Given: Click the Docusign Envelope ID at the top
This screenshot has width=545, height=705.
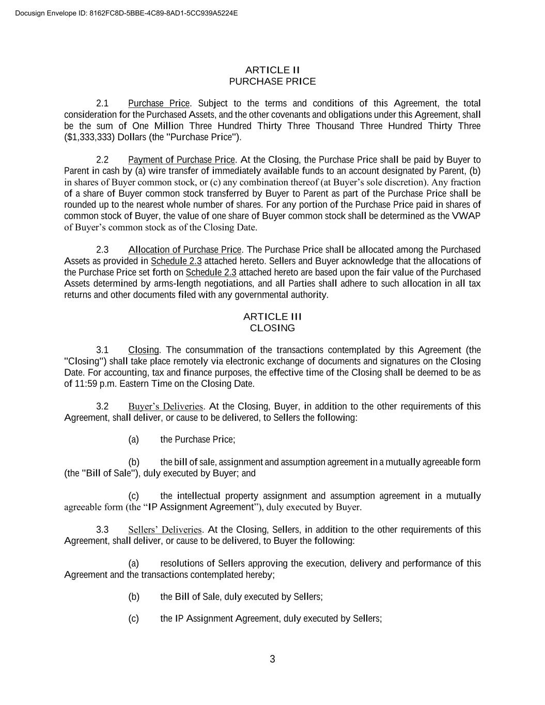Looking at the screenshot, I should (127, 13).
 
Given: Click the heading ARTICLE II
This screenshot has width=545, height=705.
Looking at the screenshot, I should (272, 70).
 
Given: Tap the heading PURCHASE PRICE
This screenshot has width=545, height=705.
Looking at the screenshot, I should (272, 81).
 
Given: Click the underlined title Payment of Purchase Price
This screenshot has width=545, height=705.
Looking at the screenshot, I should (182, 160).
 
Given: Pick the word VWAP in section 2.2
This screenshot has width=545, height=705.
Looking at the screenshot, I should (466, 216).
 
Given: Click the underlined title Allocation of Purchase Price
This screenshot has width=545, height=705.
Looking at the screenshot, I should (185, 250).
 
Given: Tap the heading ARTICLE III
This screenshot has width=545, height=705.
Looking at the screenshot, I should (272, 317).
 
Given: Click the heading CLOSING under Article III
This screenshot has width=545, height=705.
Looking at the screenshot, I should (272, 328).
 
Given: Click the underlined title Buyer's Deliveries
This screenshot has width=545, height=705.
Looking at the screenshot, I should (166, 406).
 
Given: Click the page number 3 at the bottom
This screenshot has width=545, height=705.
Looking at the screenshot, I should (272, 659).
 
